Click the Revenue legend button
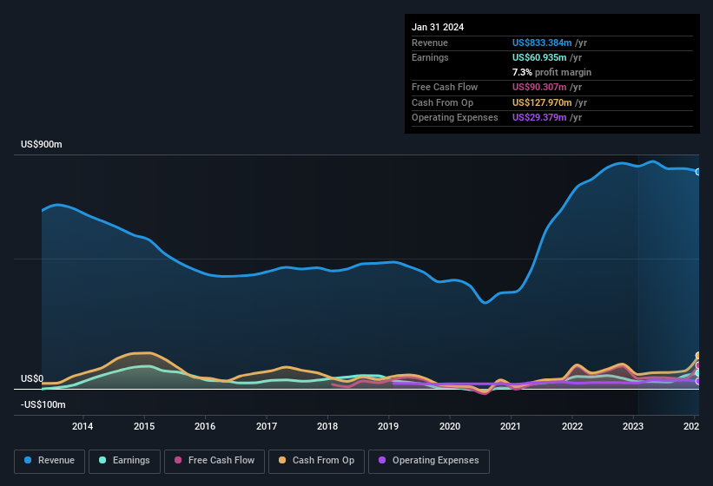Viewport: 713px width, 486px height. [x=50, y=461]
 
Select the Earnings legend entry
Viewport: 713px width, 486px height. [x=123, y=461]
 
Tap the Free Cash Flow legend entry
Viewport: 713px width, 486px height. [x=215, y=461]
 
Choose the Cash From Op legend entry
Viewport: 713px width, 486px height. [x=318, y=461]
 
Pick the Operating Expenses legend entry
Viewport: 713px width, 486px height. [x=429, y=461]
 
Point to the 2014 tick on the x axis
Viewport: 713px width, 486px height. [x=83, y=426]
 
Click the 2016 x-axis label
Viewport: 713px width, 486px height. [x=205, y=426]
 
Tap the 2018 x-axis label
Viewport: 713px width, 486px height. [x=327, y=426]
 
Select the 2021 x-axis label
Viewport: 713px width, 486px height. [x=511, y=426]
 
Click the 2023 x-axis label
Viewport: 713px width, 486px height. [x=633, y=426]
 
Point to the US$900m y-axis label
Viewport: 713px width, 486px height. [x=42, y=145]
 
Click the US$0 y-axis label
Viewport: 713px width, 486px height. [x=32, y=379]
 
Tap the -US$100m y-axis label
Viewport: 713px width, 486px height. [x=43, y=404]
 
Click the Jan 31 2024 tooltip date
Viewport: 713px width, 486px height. [x=438, y=27]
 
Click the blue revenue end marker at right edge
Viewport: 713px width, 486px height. [x=697, y=172]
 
